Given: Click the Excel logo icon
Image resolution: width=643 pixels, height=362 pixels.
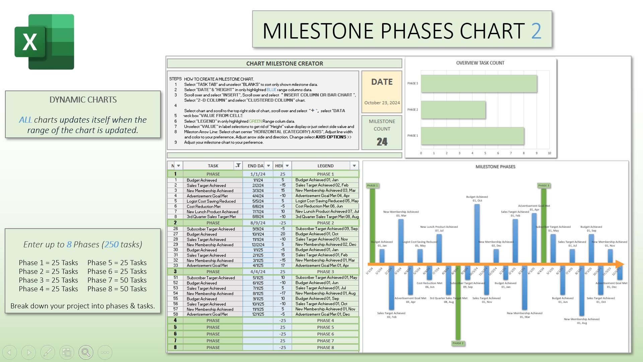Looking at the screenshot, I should (x=44, y=42).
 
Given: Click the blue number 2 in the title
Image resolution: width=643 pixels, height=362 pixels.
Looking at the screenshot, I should (x=536, y=31).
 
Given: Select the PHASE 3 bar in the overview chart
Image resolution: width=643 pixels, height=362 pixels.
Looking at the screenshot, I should (x=479, y=83).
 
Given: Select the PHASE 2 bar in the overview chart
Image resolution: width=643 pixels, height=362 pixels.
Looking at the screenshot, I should (x=453, y=110).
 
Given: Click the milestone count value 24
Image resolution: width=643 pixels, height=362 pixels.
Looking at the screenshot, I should (x=382, y=142).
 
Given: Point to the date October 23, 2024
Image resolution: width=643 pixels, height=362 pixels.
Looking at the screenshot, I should (x=382, y=103).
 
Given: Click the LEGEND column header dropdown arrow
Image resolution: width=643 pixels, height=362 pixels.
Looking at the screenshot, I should (x=354, y=166).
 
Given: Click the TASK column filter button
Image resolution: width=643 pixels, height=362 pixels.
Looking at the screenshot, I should (x=238, y=166).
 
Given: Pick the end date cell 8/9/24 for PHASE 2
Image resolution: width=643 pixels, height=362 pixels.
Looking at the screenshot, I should (x=258, y=223).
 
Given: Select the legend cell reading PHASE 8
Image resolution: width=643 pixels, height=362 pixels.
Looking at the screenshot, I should (x=325, y=348).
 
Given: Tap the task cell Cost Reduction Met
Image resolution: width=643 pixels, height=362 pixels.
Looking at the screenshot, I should (x=204, y=206).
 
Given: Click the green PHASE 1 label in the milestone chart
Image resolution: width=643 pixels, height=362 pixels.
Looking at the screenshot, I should (x=372, y=185).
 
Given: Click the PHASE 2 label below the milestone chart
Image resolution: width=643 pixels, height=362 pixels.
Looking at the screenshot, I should (x=458, y=343).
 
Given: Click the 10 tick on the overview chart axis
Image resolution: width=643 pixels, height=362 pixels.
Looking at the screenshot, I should (x=549, y=153).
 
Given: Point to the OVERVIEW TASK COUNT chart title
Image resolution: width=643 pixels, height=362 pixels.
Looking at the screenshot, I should (x=480, y=63).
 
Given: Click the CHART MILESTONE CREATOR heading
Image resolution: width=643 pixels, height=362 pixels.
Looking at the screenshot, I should (x=284, y=64).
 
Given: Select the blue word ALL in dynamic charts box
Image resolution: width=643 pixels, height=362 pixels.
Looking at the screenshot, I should (x=25, y=120).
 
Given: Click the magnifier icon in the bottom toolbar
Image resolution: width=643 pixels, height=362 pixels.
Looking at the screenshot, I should (x=86, y=352).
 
